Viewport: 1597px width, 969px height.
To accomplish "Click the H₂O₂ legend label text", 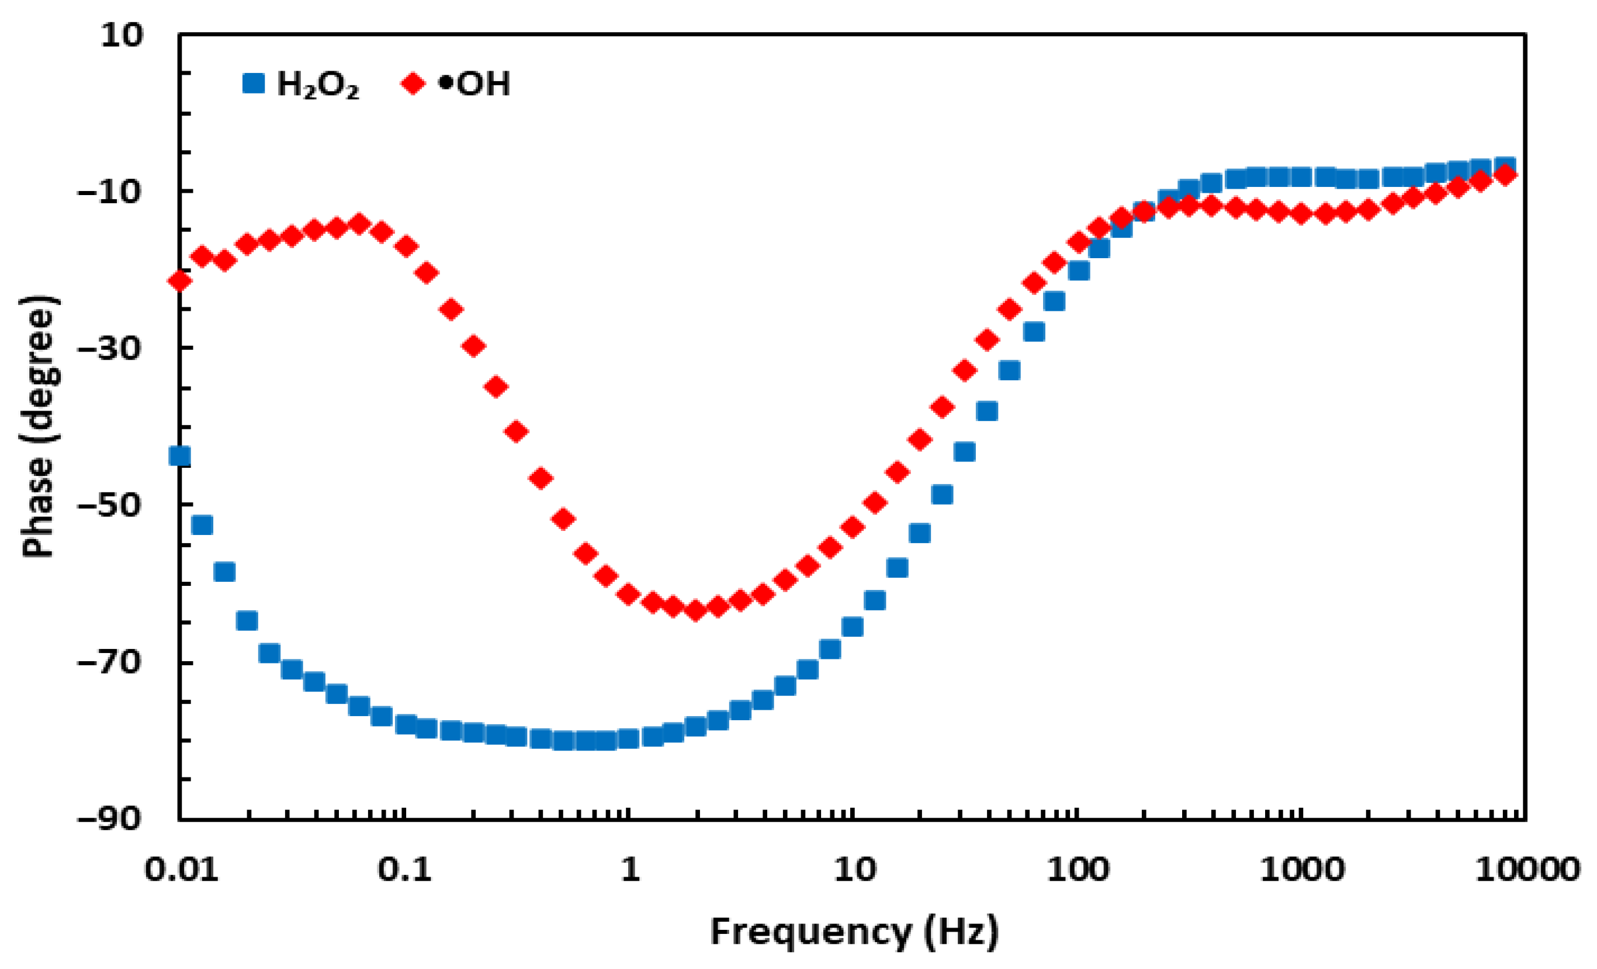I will pyautogui.click(x=317, y=85).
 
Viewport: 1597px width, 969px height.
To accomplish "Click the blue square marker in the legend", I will pyautogui.click(x=254, y=84).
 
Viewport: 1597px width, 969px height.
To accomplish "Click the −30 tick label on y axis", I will pyautogui.click(x=109, y=349).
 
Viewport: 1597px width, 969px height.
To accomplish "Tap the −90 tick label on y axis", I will pyautogui.click(x=109, y=819).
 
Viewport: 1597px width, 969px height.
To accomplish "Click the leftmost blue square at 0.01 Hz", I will pyautogui.click(x=179, y=456).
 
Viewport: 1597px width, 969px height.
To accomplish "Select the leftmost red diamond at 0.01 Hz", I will pyautogui.click(x=179, y=280).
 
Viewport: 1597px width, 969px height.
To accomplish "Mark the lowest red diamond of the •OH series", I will pyautogui.click(x=695, y=610).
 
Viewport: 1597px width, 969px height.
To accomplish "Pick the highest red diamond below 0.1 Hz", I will pyautogui.click(x=359, y=224).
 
